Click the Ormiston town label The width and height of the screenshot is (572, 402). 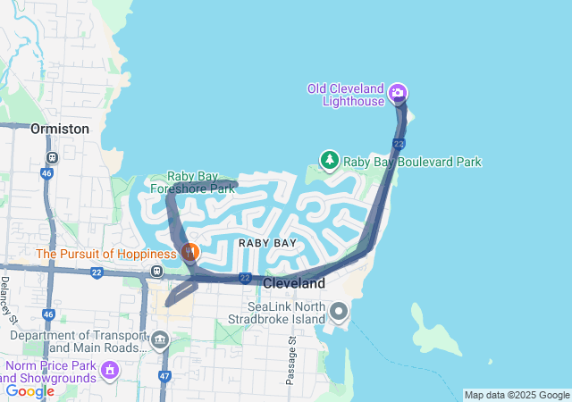[60, 129]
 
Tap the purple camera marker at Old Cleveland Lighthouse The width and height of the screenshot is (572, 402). [399, 93]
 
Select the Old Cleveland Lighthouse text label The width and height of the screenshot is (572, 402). [345, 94]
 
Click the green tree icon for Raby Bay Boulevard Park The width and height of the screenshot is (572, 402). [329, 161]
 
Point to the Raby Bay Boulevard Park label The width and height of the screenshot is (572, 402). [413, 162]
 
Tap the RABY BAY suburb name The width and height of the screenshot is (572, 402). [266, 243]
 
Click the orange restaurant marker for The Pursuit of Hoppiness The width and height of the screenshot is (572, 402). [189, 253]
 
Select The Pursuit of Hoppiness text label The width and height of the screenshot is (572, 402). [106, 254]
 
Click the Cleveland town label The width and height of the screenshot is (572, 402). [293, 282]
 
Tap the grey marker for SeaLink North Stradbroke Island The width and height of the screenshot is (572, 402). [339, 312]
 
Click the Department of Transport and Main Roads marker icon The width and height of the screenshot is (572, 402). [160, 339]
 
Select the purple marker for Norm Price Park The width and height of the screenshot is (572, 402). [110, 368]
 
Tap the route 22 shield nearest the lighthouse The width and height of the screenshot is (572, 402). [399, 144]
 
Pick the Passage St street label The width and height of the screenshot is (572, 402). [291, 362]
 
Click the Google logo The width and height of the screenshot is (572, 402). [30, 390]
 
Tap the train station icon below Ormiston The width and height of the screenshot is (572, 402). [52, 157]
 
